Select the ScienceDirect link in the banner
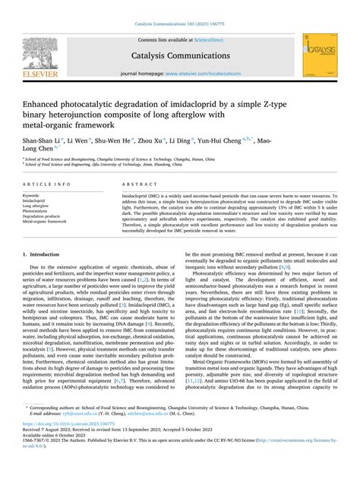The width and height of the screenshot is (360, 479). pyautogui.click(x=214, y=39)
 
